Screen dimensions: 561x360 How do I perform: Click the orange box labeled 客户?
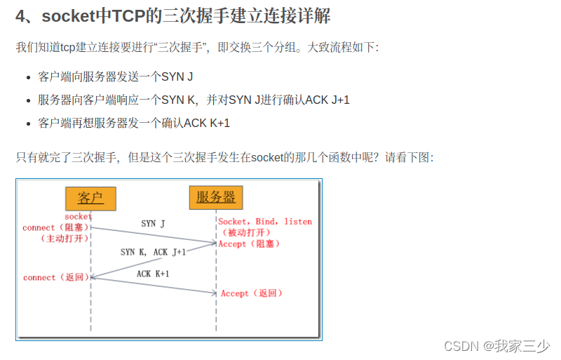coord(90,199)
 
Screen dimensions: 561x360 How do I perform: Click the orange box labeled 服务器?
coord(215,197)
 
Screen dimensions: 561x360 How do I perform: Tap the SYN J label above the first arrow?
coord(153,224)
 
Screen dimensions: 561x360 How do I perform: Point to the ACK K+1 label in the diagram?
coord(153,274)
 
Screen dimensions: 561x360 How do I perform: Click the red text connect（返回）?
coord(57,277)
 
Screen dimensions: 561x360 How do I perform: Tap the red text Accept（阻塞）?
coord(249,244)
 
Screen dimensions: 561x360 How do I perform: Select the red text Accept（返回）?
coord(251,293)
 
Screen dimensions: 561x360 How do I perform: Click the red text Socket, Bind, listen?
coord(265,222)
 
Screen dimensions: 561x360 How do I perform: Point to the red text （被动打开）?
coord(246,232)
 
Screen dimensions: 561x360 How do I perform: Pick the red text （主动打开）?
coord(64,238)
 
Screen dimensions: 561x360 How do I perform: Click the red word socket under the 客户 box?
coord(78,217)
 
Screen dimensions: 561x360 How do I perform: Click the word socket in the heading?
coord(72,16)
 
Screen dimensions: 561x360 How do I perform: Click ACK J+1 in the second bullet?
coord(327,100)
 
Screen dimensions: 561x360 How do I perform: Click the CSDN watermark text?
coord(460,345)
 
